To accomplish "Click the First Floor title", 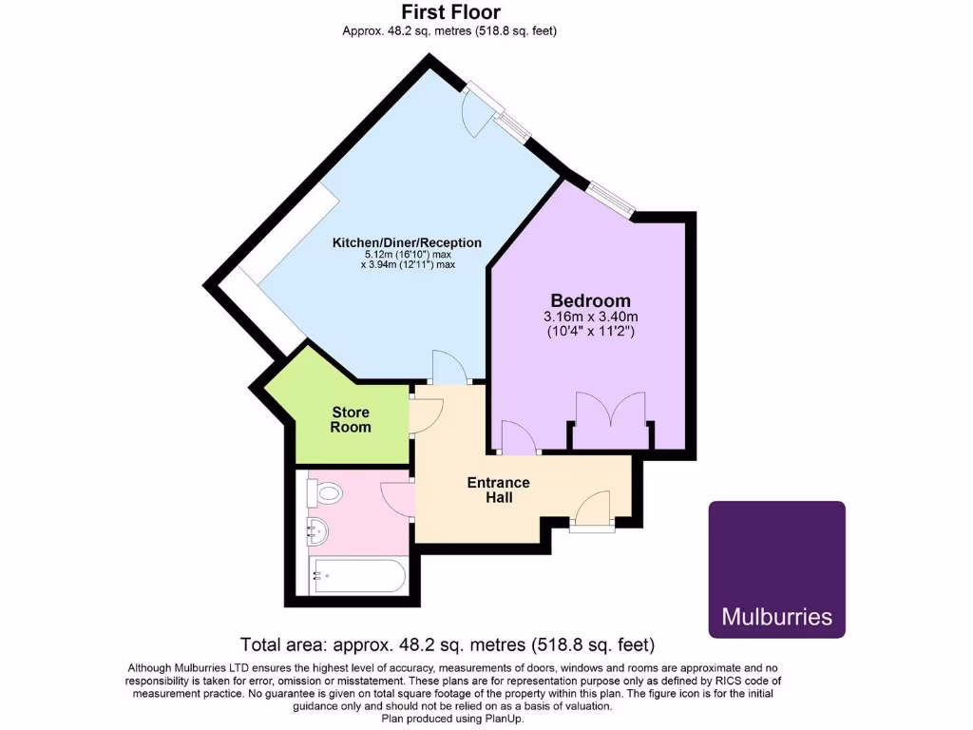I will [x=448, y=12].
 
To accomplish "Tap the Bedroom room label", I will [x=589, y=300].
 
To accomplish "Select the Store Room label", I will [x=351, y=419].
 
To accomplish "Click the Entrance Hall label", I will [x=498, y=490].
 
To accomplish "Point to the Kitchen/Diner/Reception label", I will [x=407, y=242].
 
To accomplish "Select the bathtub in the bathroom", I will [x=359, y=575].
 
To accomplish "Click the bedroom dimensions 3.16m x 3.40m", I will [x=590, y=317].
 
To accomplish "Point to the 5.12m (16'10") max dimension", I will [x=407, y=255].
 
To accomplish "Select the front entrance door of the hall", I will [x=595, y=509].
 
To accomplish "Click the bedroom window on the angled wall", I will [x=609, y=198].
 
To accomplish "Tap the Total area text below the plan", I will [x=447, y=644].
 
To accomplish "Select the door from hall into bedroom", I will [x=517, y=438].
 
